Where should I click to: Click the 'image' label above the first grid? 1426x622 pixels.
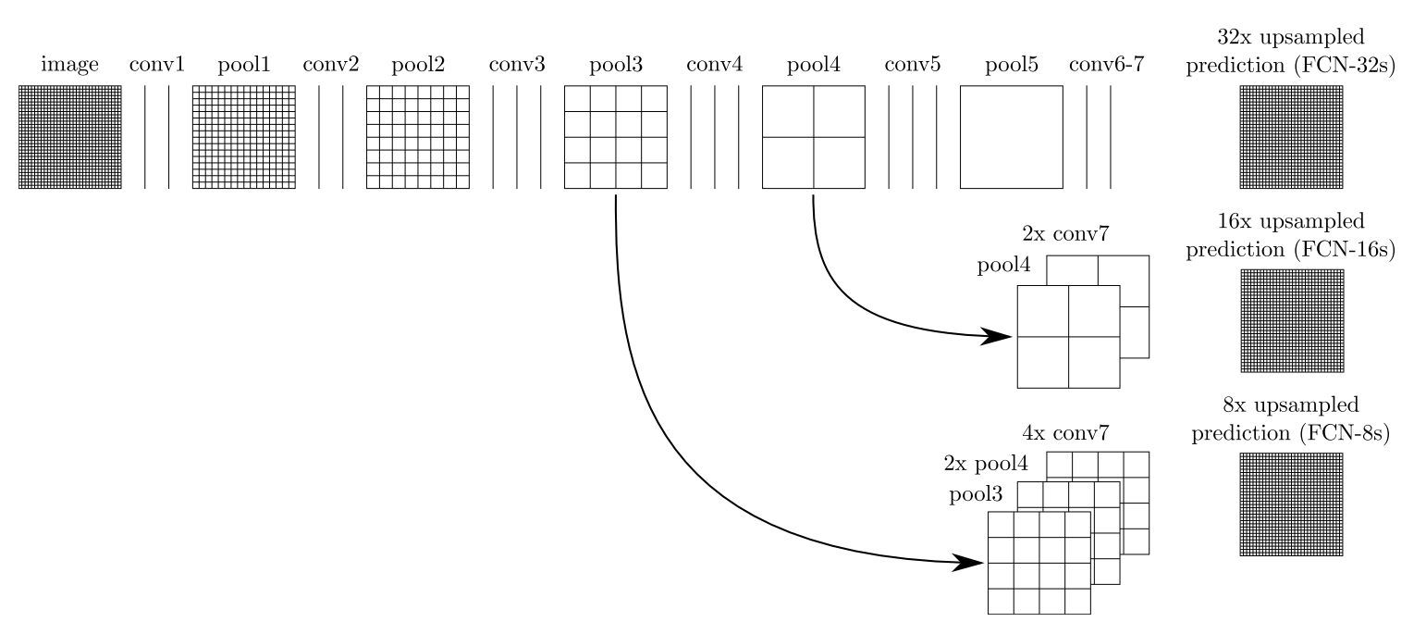click(69, 66)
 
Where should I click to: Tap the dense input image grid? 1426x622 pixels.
click(70, 137)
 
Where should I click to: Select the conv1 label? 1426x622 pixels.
click(156, 66)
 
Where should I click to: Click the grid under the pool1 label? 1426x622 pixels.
click(243, 137)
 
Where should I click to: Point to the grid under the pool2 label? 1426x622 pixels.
click(418, 137)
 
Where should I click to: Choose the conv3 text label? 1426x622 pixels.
click(517, 66)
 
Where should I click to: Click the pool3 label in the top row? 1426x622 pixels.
click(615, 66)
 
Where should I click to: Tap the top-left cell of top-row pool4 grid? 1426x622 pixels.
click(788, 111)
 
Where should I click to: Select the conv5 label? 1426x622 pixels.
click(912, 66)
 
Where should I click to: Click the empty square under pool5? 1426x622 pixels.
click(1012, 137)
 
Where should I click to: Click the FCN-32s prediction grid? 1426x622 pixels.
click(1291, 137)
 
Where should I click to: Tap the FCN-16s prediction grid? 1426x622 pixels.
click(1291, 320)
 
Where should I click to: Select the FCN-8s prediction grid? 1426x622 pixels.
click(1291, 504)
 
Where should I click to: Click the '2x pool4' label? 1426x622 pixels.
click(978, 464)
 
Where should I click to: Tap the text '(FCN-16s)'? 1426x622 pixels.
click(1346, 249)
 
